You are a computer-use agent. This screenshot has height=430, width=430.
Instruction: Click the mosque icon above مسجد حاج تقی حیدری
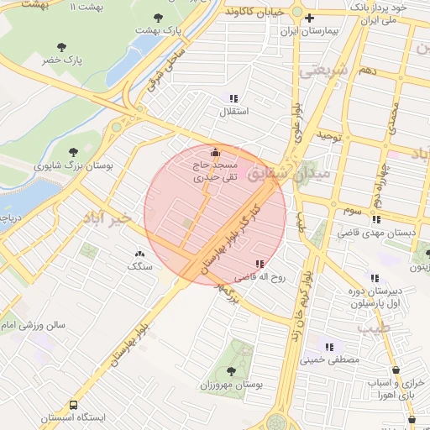[x=215, y=152]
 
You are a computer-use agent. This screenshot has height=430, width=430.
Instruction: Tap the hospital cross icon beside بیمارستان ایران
[x=310, y=18]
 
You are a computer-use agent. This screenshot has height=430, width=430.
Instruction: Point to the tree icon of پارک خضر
[x=60, y=47]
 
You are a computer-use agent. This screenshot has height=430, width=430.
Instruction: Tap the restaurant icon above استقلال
[x=233, y=97]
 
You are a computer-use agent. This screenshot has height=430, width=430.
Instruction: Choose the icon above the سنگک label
[x=139, y=252]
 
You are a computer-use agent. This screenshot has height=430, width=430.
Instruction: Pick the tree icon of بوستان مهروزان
[x=231, y=370]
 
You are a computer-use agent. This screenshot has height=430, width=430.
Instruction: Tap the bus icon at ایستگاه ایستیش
[x=73, y=405]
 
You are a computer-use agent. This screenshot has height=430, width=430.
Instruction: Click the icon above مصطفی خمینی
[x=328, y=346]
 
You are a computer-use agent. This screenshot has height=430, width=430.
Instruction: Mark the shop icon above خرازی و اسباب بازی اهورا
[x=396, y=370]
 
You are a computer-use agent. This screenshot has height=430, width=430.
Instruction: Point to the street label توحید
[x=327, y=134]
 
